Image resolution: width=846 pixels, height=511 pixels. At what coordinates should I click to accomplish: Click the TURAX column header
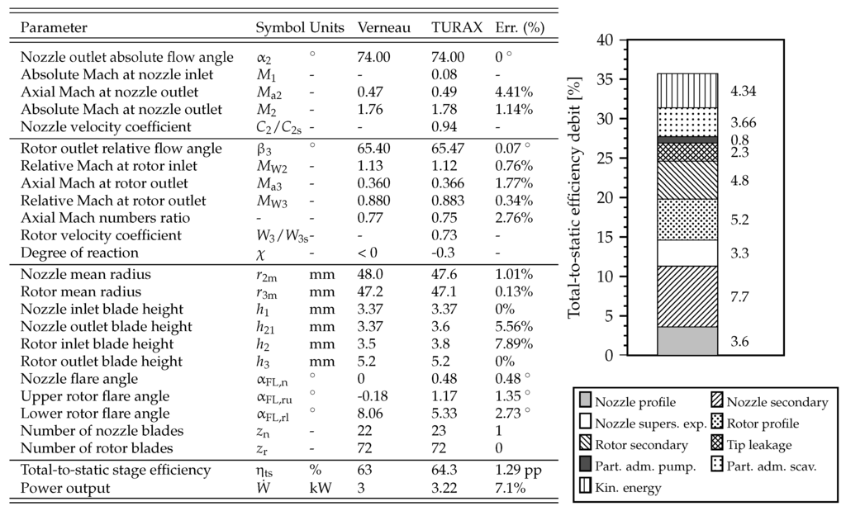(456, 28)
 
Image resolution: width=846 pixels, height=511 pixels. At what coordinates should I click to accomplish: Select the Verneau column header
(383, 28)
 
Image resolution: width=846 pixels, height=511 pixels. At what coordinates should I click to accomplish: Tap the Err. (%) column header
(519, 28)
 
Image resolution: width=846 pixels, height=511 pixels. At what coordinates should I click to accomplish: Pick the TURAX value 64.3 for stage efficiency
(446, 470)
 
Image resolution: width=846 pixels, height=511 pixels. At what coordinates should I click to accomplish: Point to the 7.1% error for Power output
(510, 487)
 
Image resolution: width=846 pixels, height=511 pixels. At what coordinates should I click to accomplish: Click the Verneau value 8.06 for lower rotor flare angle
(371, 414)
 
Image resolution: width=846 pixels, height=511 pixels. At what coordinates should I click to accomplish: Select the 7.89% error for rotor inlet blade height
(513, 343)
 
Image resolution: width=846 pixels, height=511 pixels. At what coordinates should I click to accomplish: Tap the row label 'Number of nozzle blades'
(102, 431)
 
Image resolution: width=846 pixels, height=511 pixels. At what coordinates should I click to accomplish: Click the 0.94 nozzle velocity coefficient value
(444, 127)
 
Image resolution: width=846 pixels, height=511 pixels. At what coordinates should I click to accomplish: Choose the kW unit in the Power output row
(321, 487)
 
